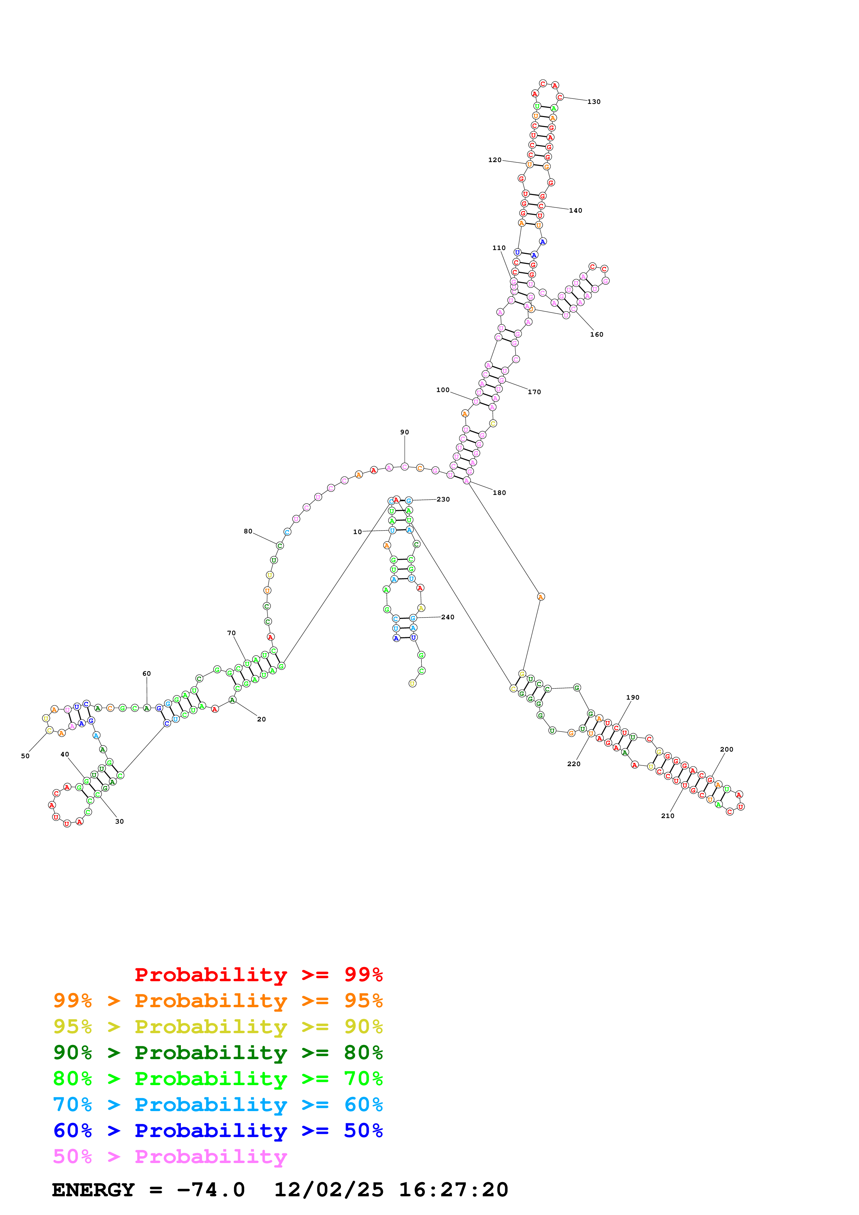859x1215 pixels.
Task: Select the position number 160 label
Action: (596, 335)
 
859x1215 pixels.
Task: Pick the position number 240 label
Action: (447, 618)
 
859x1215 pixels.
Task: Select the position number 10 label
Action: (357, 532)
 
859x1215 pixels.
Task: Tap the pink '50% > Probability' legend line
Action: (169, 1157)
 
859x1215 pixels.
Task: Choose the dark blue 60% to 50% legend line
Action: (218, 1131)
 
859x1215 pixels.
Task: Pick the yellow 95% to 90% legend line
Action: (218, 1027)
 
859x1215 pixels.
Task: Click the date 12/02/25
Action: (329, 1190)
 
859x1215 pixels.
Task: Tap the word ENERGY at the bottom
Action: (93, 1190)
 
